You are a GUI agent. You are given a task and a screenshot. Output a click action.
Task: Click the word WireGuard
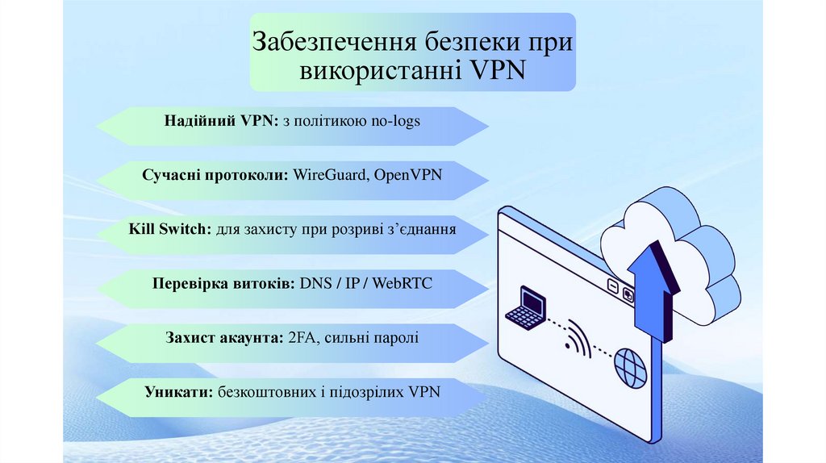coord(328,173)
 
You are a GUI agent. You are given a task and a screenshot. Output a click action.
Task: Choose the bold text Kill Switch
coord(169,228)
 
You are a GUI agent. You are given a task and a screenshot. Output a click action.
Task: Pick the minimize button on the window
coord(613,286)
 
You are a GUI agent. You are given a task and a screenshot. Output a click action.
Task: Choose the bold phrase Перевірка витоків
coord(223,284)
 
